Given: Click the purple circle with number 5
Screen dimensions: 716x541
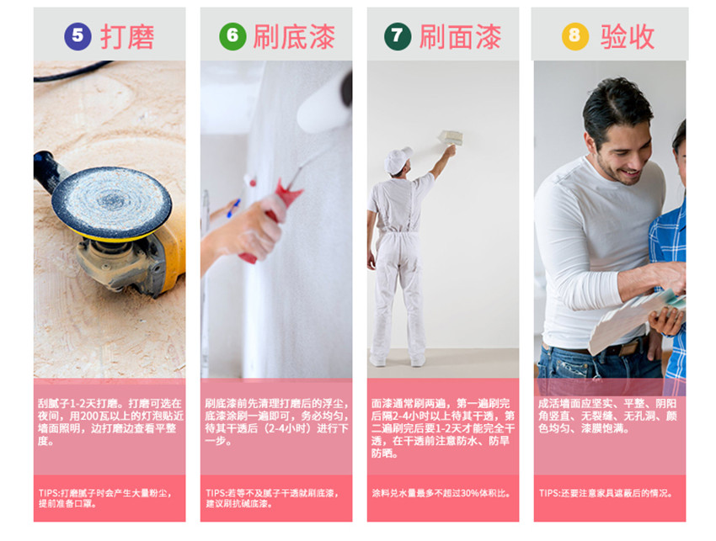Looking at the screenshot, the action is click(x=77, y=36).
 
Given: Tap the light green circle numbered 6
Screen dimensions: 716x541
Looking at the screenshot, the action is click(x=232, y=36).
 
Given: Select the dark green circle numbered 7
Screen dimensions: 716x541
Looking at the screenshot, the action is click(x=398, y=36).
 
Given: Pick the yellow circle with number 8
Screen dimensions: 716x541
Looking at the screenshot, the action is click(x=574, y=36).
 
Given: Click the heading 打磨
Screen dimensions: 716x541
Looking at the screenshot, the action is click(x=127, y=36).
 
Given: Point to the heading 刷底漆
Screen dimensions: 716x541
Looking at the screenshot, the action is click(x=294, y=36).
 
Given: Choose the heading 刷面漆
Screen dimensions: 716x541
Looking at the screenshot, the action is click(x=460, y=36).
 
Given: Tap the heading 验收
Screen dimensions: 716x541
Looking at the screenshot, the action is click(x=628, y=36).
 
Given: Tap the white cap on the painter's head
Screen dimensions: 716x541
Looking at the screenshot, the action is click(x=398, y=160).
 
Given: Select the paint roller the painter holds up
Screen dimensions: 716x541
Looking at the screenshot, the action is click(x=451, y=137).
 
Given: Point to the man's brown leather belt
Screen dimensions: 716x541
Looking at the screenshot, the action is click(x=607, y=349).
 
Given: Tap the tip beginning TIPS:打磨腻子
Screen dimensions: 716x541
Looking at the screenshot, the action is click(x=105, y=498).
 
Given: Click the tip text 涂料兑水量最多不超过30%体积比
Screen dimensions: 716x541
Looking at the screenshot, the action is click(x=441, y=493).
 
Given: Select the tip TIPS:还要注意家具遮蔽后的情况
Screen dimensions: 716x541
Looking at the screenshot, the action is click(x=606, y=493).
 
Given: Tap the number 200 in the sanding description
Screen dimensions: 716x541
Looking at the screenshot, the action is click(x=90, y=416).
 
